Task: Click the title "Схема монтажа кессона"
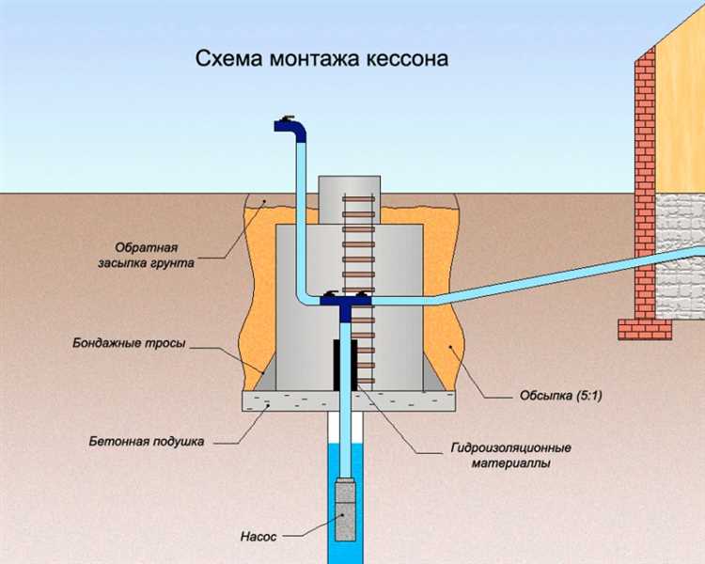[x=321, y=58]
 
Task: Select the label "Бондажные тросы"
[x=129, y=344]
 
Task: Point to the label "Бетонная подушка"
[x=147, y=440]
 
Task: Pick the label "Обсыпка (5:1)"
[x=561, y=396]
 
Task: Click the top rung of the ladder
[x=358, y=200]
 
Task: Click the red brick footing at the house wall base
[x=644, y=328]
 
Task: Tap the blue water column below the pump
[x=347, y=550]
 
